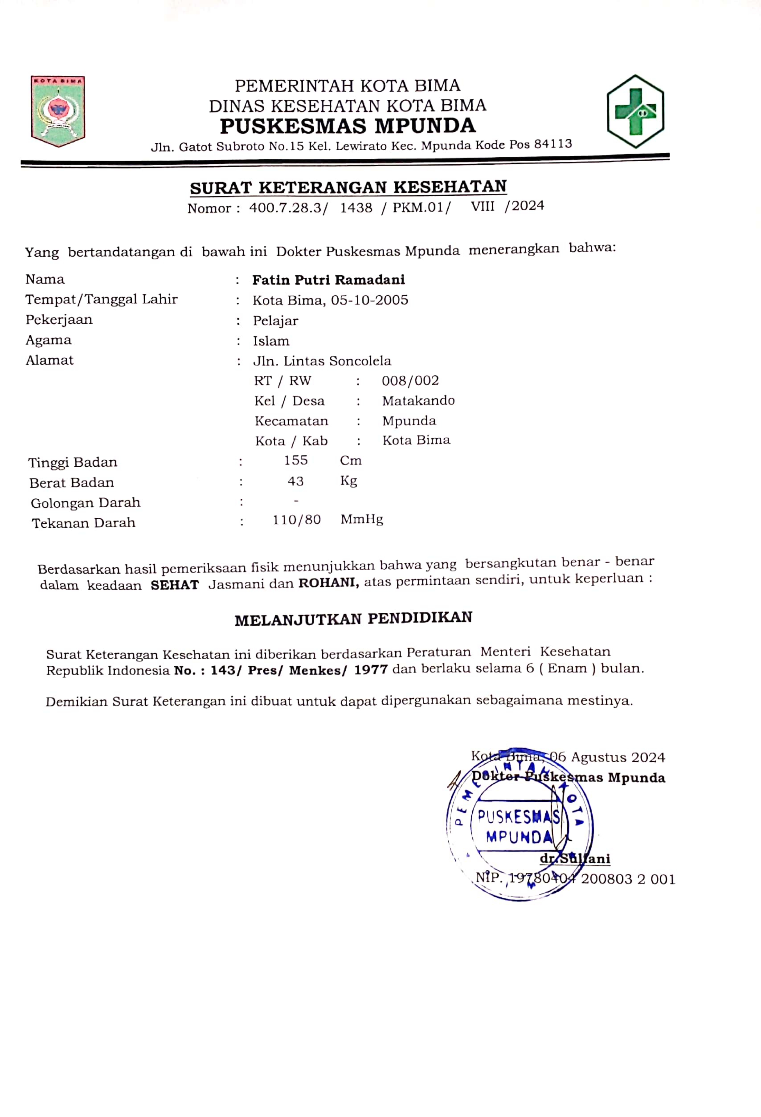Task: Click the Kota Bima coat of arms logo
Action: [58, 111]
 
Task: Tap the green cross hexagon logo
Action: [635, 111]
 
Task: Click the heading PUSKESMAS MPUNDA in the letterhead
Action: [348, 126]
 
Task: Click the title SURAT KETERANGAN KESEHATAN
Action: [348, 187]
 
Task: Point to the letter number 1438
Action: [356, 208]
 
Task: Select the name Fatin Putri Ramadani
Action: [328, 280]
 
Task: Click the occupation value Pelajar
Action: [275, 321]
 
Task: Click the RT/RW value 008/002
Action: [410, 381]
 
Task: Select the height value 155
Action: [296, 460]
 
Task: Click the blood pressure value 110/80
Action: [297, 519]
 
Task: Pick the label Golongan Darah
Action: [86, 503]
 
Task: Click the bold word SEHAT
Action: [175, 585]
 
